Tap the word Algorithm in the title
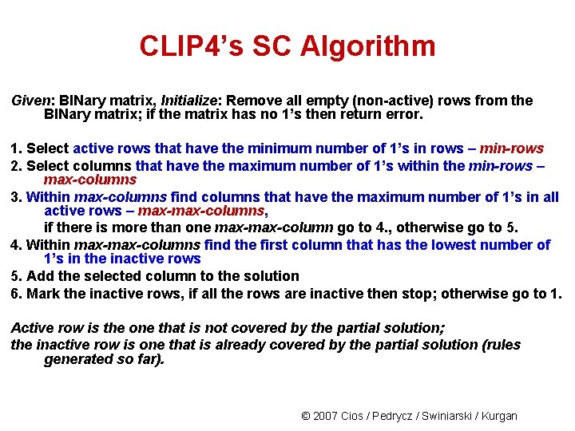[368, 46]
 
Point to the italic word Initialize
[192, 101]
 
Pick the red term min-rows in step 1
[511, 148]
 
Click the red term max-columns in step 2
[90, 180]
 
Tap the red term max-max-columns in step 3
[200, 211]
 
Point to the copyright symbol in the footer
[305, 416]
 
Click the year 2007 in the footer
[325, 416]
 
